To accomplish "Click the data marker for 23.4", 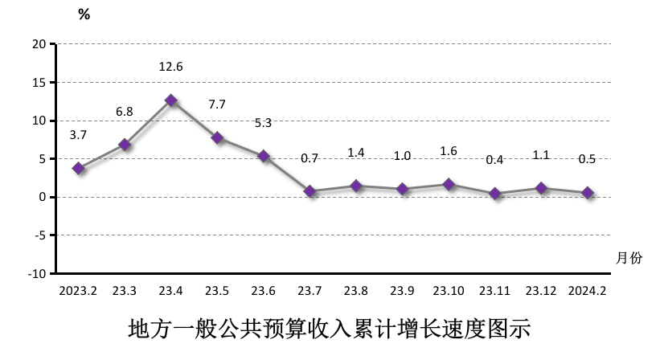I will coord(171,100).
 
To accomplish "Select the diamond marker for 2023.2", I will coord(79,169).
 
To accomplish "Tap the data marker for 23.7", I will coord(310,191).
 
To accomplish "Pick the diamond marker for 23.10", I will coord(449,185).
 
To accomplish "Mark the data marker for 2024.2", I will coord(588,193).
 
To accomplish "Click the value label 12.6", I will coord(171,67).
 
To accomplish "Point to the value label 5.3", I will coord(264,123).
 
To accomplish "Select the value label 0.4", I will coord(495,159).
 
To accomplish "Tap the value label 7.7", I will coord(217,104).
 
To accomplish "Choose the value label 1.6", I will coord(449,151).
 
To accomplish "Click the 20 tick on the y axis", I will coord(39,44).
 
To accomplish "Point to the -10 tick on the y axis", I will coord(36,273).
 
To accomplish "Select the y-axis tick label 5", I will coord(42,158).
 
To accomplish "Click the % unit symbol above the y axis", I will coord(84,14).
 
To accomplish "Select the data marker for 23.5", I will coord(217,138).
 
